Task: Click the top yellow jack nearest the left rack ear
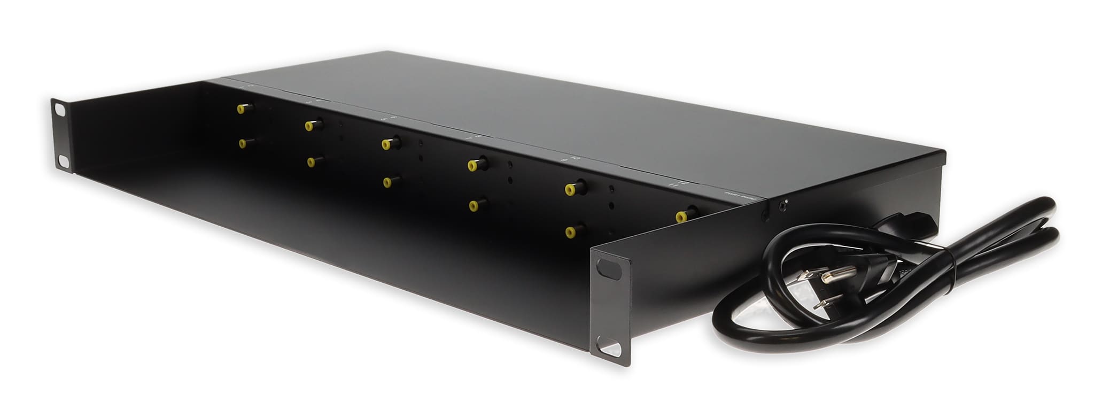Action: [242, 109]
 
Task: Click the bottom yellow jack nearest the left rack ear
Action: [244, 143]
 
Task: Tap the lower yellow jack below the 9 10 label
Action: [571, 231]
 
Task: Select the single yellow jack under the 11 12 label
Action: [681, 216]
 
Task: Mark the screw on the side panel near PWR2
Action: [784, 204]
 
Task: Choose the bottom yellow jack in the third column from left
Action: [387, 182]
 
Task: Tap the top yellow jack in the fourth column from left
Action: [473, 165]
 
